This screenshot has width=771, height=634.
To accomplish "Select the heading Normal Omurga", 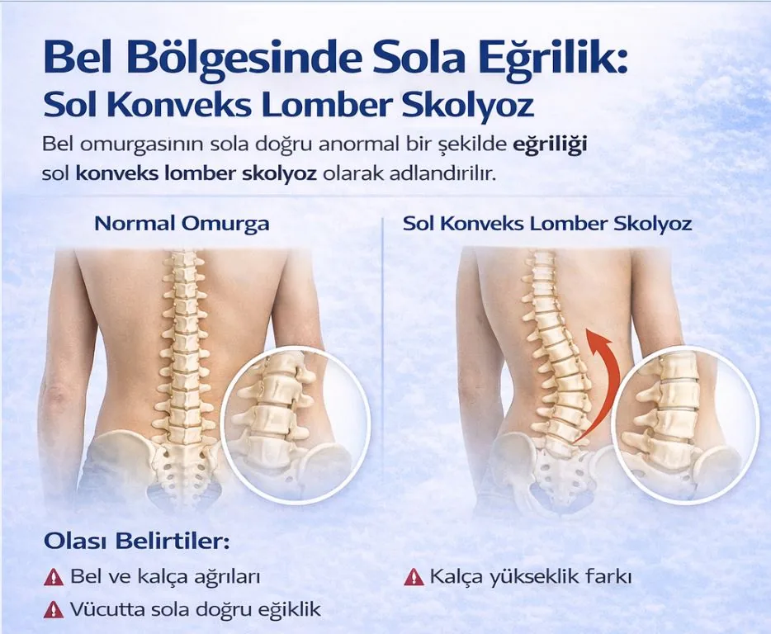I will [182, 223].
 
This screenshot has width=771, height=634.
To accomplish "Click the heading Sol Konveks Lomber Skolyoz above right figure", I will [547, 223].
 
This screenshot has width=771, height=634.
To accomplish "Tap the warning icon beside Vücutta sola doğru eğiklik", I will [53, 610].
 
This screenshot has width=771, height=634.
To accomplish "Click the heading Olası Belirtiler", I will [136, 542].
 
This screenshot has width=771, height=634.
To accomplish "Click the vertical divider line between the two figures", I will [384, 371].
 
